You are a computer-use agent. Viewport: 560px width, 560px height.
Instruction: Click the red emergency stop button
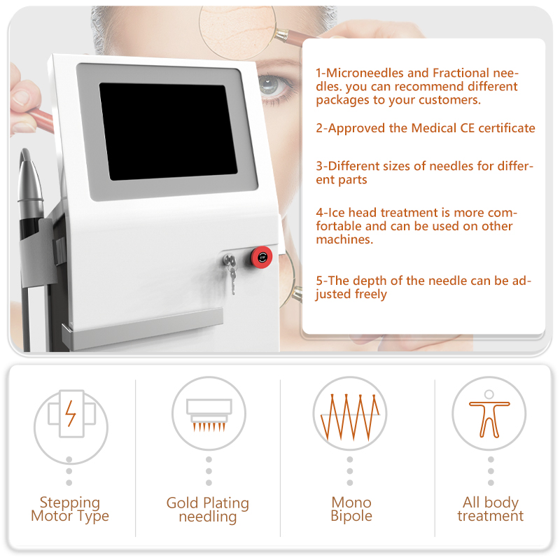[x=263, y=256]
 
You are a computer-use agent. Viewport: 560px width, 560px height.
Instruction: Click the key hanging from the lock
[x=231, y=276]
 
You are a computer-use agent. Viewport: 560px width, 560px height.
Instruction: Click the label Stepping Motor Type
[x=70, y=510]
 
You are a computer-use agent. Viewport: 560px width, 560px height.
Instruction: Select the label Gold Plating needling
[x=208, y=510]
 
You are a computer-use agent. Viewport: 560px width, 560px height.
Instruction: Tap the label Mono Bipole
[x=351, y=510]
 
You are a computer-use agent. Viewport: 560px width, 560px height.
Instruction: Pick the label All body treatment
[x=490, y=510]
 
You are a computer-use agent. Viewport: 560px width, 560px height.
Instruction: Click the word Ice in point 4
[x=337, y=213]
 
